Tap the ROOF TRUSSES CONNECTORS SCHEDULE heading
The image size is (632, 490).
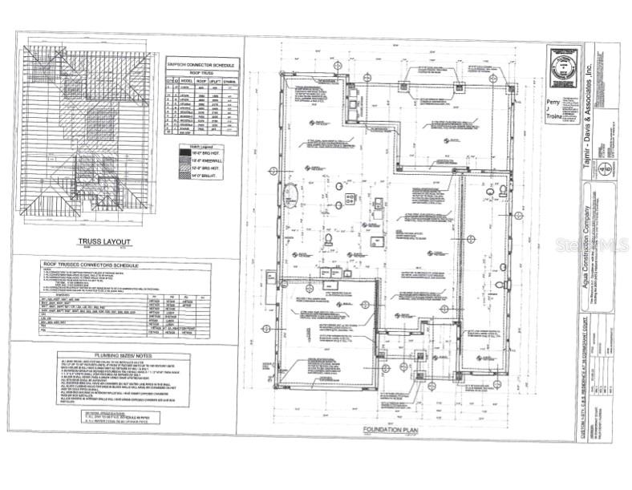[x=89, y=265]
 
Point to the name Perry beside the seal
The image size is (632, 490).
[x=553, y=103]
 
